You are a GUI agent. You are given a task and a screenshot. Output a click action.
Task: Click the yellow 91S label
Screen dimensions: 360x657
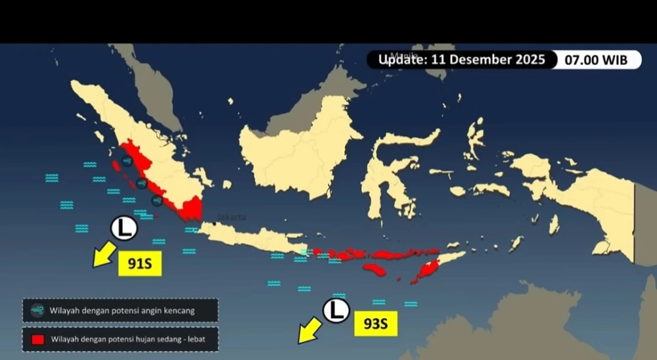coord(139,264)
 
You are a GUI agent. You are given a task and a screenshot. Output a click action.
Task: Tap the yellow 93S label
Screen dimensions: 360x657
coord(376,324)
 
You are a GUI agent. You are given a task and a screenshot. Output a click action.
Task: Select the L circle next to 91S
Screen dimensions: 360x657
coord(123,229)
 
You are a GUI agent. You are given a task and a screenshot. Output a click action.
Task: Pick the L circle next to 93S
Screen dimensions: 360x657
coord(336,311)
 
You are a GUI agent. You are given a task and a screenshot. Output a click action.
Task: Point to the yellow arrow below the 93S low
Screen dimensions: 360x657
coord(308,333)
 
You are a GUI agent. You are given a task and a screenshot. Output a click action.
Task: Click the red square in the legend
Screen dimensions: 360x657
coord(38,340)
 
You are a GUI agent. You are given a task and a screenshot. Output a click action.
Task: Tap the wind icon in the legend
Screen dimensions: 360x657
coord(37,310)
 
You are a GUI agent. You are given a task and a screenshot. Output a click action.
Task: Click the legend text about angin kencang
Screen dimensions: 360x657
coord(122,311)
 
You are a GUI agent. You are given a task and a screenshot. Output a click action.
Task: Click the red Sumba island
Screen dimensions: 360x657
coord(376,270)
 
